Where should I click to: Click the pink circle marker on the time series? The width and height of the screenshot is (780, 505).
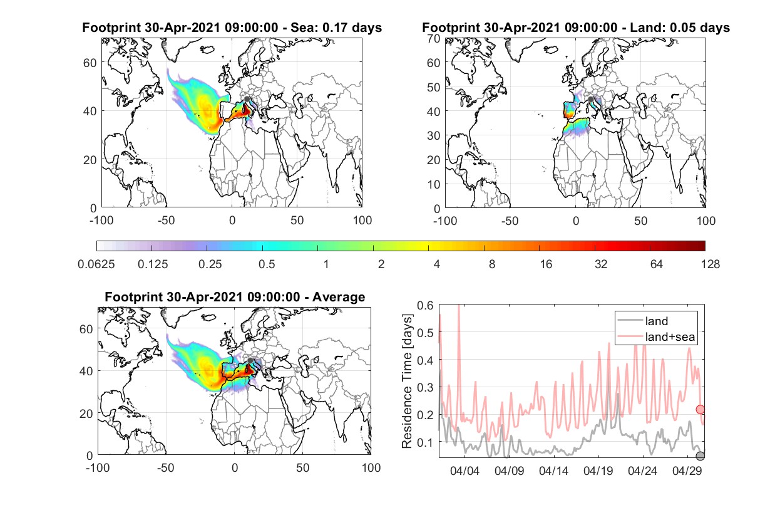click(700, 410)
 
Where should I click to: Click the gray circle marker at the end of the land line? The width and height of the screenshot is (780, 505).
click(700, 456)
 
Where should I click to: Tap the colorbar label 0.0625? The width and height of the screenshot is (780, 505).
click(96, 264)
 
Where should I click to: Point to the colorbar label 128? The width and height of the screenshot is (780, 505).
click(711, 264)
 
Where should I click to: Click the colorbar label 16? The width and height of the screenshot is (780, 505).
click(546, 264)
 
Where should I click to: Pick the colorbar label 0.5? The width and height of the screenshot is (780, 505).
click(267, 264)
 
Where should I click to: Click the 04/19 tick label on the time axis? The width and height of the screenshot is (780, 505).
click(598, 471)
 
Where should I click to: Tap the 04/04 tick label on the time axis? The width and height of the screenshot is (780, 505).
click(464, 471)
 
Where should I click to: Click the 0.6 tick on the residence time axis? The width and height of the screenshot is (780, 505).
click(425, 306)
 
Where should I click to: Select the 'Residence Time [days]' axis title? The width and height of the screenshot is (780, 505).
click(407, 381)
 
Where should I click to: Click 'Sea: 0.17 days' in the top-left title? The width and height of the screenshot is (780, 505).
click(336, 28)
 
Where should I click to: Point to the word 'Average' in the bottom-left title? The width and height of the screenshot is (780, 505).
click(339, 297)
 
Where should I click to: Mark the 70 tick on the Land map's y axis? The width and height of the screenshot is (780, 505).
click(434, 38)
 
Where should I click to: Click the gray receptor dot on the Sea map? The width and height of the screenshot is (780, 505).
click(247, 99)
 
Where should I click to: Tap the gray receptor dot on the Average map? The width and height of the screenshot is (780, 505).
click(250, 360)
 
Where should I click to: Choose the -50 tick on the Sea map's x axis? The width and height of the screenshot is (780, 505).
click(166, 221)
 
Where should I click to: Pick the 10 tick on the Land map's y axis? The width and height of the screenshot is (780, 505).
click(434, 184)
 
